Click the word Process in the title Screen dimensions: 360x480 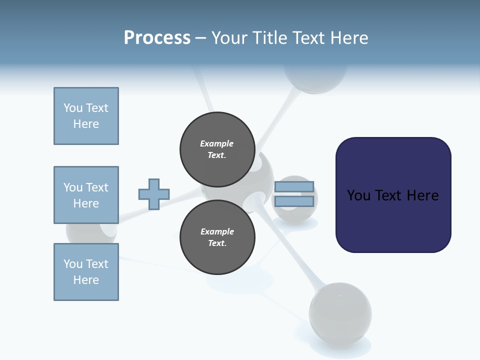coord(157,38)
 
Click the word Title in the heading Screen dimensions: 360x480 coord(269,38)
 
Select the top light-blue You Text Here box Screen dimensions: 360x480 coord(86,116)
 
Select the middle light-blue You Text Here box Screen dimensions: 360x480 coord(86,195)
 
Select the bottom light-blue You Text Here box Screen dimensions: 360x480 coord(86,272)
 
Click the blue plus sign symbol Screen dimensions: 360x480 coord(153,194)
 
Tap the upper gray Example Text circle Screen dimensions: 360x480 coord(217,149)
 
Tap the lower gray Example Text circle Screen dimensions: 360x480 coord(217,237)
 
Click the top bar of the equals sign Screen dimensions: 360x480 coord(294,187)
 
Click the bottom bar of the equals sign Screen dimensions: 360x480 coord(294,201)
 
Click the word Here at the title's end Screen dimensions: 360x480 coord(348,38)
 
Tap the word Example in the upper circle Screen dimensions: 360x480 coord(217,143)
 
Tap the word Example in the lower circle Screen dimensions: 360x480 coord(217,231)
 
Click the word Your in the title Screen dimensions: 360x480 coord(229,38)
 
